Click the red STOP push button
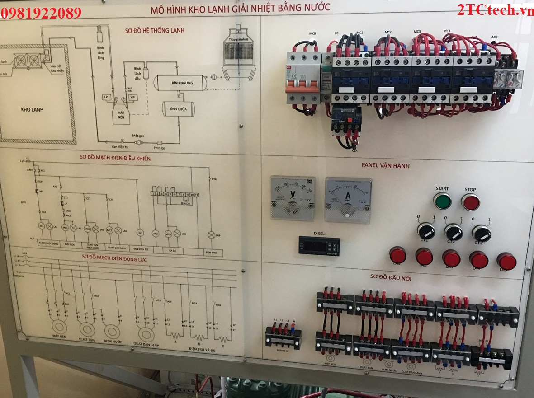coord(470,202)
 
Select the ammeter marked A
coord(348,199)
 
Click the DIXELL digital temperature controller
coord(319,245)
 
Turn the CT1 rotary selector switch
coord(426,231)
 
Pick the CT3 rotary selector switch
coord(481,233)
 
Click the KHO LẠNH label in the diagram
coord(35,109)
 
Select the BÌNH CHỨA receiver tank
coord(179,109)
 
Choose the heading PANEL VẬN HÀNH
coord(385,166)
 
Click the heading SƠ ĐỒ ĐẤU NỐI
coord(391,278)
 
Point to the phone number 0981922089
coord(41,13)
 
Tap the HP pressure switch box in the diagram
coord(132,97)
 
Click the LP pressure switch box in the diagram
coord(106,97)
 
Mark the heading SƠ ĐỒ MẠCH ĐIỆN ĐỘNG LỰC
coord(114,259)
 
